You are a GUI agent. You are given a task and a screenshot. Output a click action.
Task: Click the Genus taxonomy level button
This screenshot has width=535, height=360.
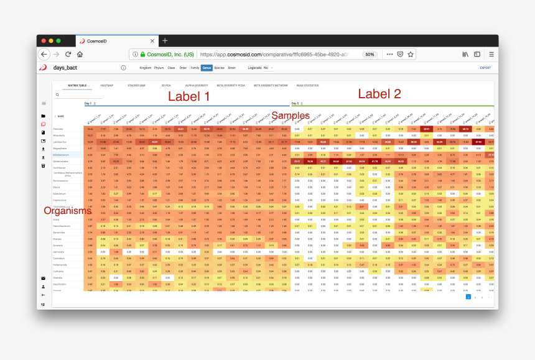pos(207,67)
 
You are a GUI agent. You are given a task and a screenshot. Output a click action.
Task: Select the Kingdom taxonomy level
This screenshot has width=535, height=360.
pos(146,67)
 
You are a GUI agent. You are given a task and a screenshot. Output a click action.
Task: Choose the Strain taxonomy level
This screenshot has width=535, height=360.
pos(232,67)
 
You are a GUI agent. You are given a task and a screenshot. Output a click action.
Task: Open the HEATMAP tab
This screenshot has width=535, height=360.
pos(107,85)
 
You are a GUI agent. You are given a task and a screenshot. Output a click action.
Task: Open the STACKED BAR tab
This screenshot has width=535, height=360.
pos(136,85)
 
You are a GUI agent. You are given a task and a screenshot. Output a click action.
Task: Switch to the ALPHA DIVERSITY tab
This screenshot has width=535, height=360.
pos(197,85)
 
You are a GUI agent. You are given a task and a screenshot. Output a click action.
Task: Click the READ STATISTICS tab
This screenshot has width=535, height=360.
pos(307,85)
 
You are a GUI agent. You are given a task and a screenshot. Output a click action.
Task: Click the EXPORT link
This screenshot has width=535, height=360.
pos(485,67)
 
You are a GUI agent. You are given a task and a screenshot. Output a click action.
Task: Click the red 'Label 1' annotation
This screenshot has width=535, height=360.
pos(189,96)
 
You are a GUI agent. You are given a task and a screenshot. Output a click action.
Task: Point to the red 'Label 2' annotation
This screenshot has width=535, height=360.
pos(379,94)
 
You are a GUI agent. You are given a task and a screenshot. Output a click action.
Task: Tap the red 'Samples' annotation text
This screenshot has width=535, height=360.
pos(291,116)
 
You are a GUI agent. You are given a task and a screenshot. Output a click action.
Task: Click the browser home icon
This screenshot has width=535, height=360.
pos(80,54)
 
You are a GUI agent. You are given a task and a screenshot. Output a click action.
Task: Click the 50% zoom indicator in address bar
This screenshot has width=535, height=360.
pos(369,54)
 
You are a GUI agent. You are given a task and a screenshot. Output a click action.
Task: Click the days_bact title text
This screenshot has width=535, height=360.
pos(66,67)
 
